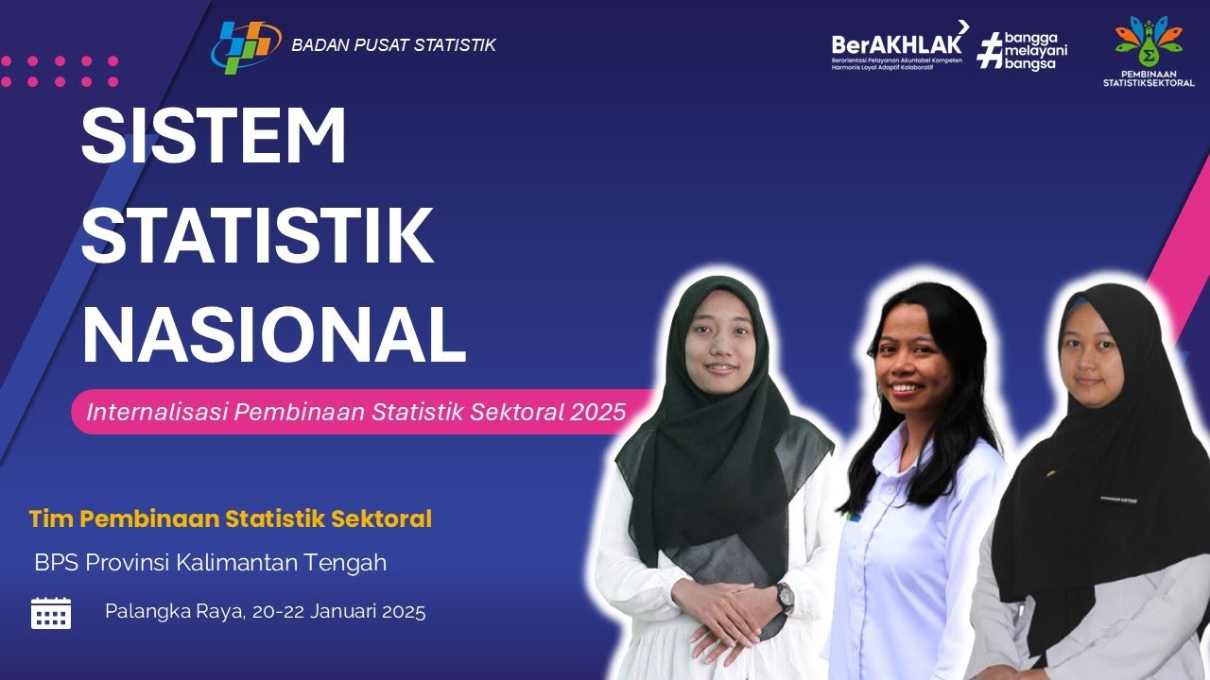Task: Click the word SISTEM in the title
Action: [x=214, y=137]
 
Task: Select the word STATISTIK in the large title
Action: [x=257, y=236]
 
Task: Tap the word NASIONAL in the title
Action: [x=273, y=335]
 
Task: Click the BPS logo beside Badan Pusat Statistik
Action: [x=245, y=44]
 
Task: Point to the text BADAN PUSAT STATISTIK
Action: [x=393, y=45]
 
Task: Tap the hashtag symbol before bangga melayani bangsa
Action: [x=988, y=49]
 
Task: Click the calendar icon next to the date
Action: [x=51, y=613]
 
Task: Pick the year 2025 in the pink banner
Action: [x=597, y=412]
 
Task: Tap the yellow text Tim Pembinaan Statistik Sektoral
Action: [x=231, y=518]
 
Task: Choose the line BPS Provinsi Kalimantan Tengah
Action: [x=211, y=563]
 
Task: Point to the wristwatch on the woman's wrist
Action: [x=784, y=596]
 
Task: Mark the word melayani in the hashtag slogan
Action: [x=1034, y=50]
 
